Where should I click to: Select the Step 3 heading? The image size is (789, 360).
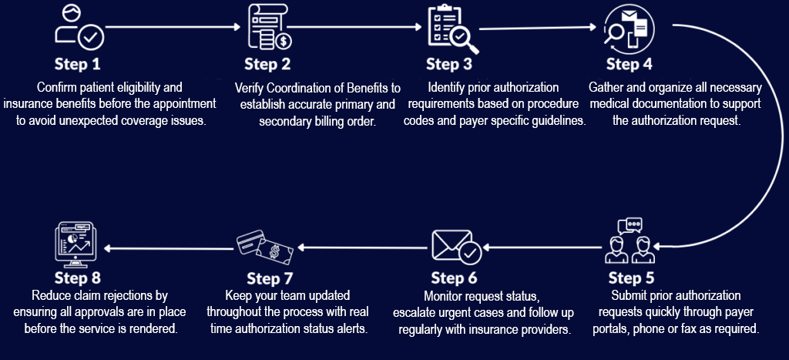pyautogui.click(x=449, y=63)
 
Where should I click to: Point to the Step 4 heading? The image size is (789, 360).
pyautogui.click(x=629, y=63)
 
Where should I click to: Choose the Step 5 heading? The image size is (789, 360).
pyautogui.click(x=631, y=278)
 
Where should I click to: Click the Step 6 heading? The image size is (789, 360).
pyautogui.click(x=454, y=278)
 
